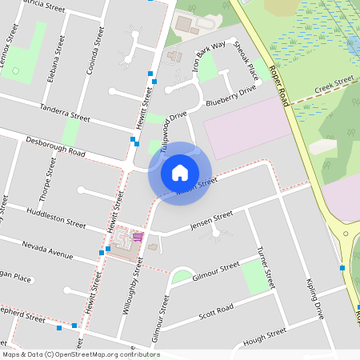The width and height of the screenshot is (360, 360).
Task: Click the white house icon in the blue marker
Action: [180, 172]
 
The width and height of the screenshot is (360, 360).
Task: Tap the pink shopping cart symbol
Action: [138, 236]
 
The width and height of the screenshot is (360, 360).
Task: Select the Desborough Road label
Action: [55, 146]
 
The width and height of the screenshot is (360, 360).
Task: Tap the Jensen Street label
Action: [211, 219]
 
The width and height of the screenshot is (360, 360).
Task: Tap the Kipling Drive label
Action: [314, 299]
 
